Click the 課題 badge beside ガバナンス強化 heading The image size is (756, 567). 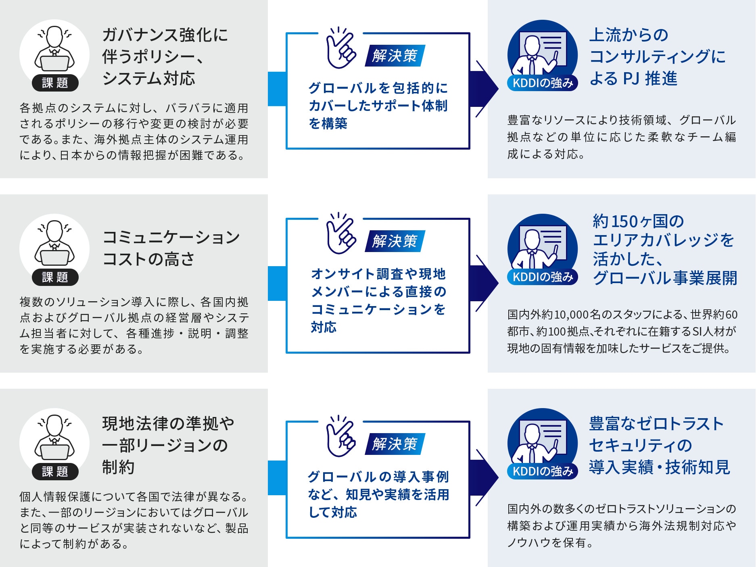[55, 83]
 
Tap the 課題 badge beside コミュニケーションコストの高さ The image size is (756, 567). [55, 277]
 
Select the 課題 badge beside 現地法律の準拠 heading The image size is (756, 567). [55, 471]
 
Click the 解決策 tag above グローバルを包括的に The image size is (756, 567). [395, 56]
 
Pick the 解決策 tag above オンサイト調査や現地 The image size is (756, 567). [395, 241]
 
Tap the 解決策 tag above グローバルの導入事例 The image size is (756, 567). [395, 444]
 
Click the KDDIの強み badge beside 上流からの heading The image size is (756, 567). [542, 83]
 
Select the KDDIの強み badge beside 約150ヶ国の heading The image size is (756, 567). [542, 277]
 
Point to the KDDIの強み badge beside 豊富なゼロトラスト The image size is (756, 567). [542, 471]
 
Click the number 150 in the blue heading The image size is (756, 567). [624, 221]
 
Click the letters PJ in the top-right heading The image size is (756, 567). [631, 79]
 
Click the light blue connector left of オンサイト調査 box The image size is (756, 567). [277, 283]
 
